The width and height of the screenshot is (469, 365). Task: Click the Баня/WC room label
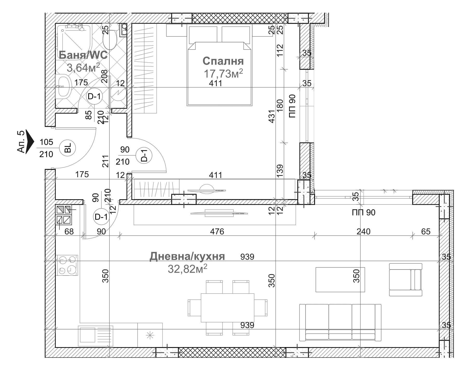[x=83, y=55]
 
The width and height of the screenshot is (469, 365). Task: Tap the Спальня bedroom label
[x=223, y=61]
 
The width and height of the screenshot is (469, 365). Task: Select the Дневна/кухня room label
[x=187, y=256]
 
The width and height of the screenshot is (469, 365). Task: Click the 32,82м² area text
[x=187, y=269]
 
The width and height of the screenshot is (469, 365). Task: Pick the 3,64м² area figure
[x=83, y=68]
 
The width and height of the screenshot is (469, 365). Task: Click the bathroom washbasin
[x=64, y=86]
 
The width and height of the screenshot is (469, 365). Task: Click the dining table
[x=227, y=307]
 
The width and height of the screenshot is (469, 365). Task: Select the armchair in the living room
[x=406, y=279]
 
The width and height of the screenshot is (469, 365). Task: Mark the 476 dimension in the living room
[x=217, y=231]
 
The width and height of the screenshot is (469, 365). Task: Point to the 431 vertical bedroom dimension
[x=271, y=116]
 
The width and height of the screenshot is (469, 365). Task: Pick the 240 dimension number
[x=363, y=231]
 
